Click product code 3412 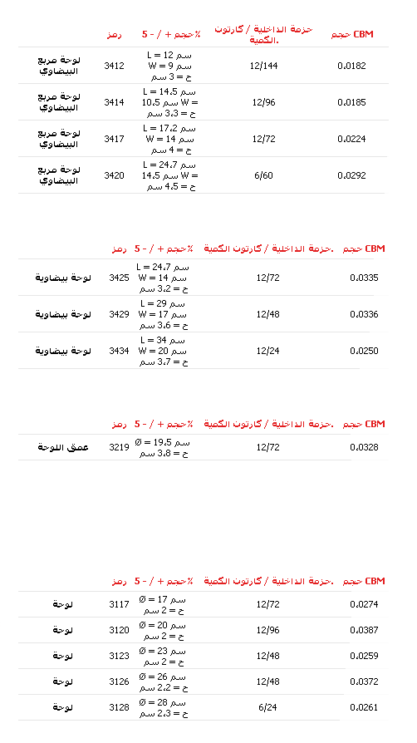coord(114,66)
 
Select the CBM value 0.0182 coord(351,66)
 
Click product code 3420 coord(114,176)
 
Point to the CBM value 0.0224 coord(351,140)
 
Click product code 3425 coord(119,278)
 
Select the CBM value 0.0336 coord(364,315)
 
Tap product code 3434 coord(119,351)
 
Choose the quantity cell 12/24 coord(267,351)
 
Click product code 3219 coord(119,447)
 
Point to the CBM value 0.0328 coord(364,447)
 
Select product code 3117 coord(119,605)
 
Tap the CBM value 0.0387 coord(364,631)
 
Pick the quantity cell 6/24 coord(267,708)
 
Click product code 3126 coord(119,681)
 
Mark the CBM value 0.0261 coord(364,708)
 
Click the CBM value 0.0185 coord(351,102)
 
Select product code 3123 coord(119,657)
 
